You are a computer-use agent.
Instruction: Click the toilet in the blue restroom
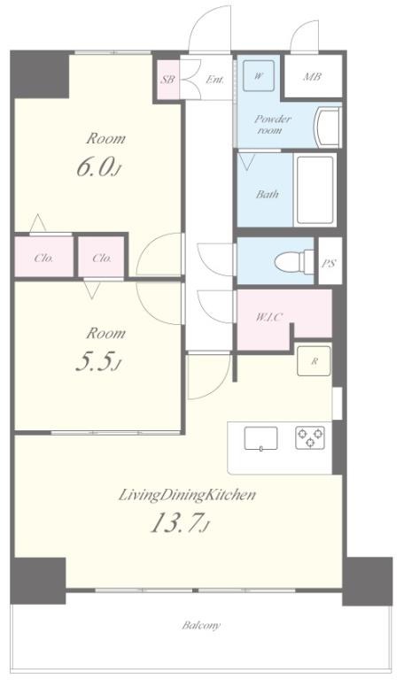point(294,261)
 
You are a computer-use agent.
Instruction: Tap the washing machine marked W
point(258,76)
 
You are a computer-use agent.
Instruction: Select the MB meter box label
point(312,77)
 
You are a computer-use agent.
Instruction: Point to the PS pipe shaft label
point(330,263)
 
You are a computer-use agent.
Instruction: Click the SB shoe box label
point(167,80)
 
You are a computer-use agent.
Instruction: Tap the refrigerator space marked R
point(314,361)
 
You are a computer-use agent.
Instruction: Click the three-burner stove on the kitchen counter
point(310,437)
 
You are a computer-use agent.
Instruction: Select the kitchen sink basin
point(260,438)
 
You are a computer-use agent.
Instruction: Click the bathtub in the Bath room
point(315,189)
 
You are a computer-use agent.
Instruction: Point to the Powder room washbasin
point(329,127)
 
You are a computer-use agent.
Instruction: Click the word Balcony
point(201,625)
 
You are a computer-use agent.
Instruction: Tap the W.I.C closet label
point(269,317)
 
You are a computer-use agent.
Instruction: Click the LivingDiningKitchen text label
point(187,495)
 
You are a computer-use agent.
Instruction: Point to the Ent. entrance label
point(214,80)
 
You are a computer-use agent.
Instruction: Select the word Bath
point(268,194)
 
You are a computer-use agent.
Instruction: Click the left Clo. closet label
point(43,259)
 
